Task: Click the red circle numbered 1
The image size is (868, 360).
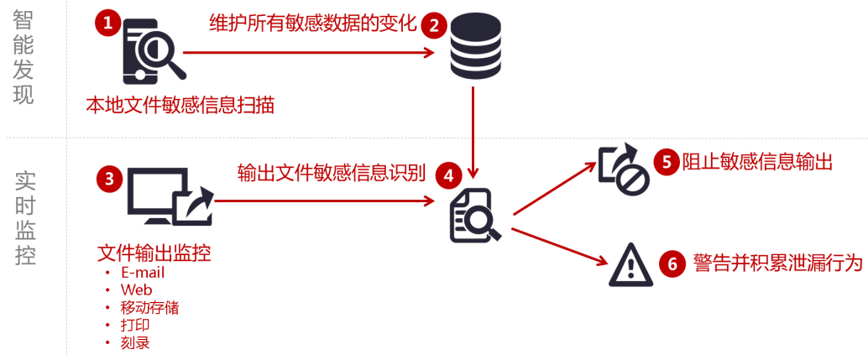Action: coord(107,23)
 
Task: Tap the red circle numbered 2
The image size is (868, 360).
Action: coord(434,25)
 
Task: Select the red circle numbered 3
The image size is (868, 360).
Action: coord(109,179)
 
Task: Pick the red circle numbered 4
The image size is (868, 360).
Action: coord(448,175)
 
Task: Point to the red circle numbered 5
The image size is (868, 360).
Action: coord(667,161)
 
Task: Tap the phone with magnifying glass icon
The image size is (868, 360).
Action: coord(151,52)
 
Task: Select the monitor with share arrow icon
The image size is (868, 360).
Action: coord(169,198)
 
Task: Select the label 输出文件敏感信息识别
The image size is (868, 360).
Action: coord(332,174)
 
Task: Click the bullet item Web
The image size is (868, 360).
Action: coord(136,290)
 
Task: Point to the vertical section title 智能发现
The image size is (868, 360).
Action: coord(24,59)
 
